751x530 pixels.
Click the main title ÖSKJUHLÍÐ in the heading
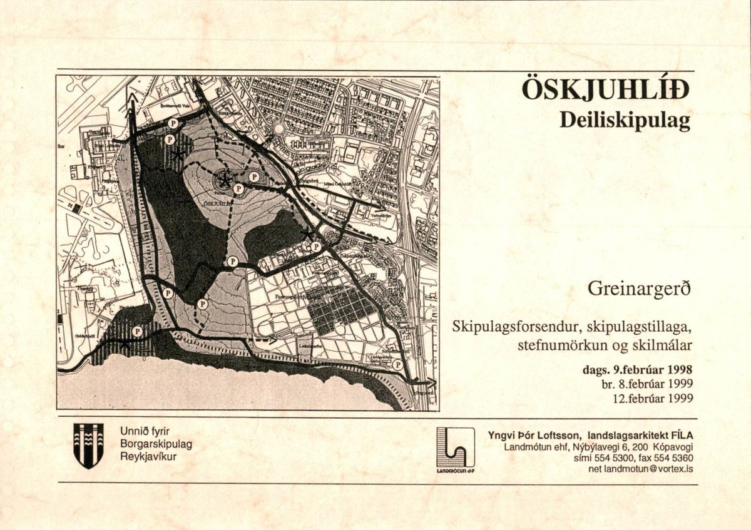(x=605, y=91)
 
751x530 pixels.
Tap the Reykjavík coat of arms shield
(x=88, y=445)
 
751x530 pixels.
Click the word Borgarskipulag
(x=156, y=444)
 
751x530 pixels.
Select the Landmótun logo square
(x=455, y=447)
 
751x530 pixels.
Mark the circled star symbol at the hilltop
(x=223, y=180)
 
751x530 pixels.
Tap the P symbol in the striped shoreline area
(x=137, y=331)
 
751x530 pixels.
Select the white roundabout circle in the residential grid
(x=279, y=129)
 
